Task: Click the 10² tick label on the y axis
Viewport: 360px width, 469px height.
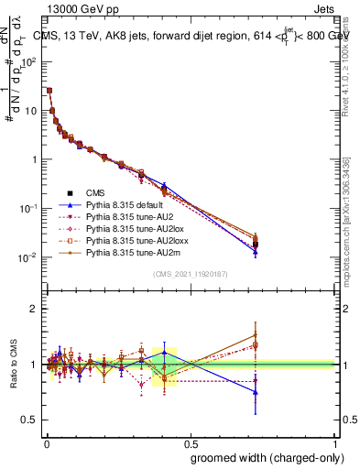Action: coord(27,62)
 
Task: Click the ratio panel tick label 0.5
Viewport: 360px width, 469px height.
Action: coord(29,420)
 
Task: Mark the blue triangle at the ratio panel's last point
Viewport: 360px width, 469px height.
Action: coord(256,392)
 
